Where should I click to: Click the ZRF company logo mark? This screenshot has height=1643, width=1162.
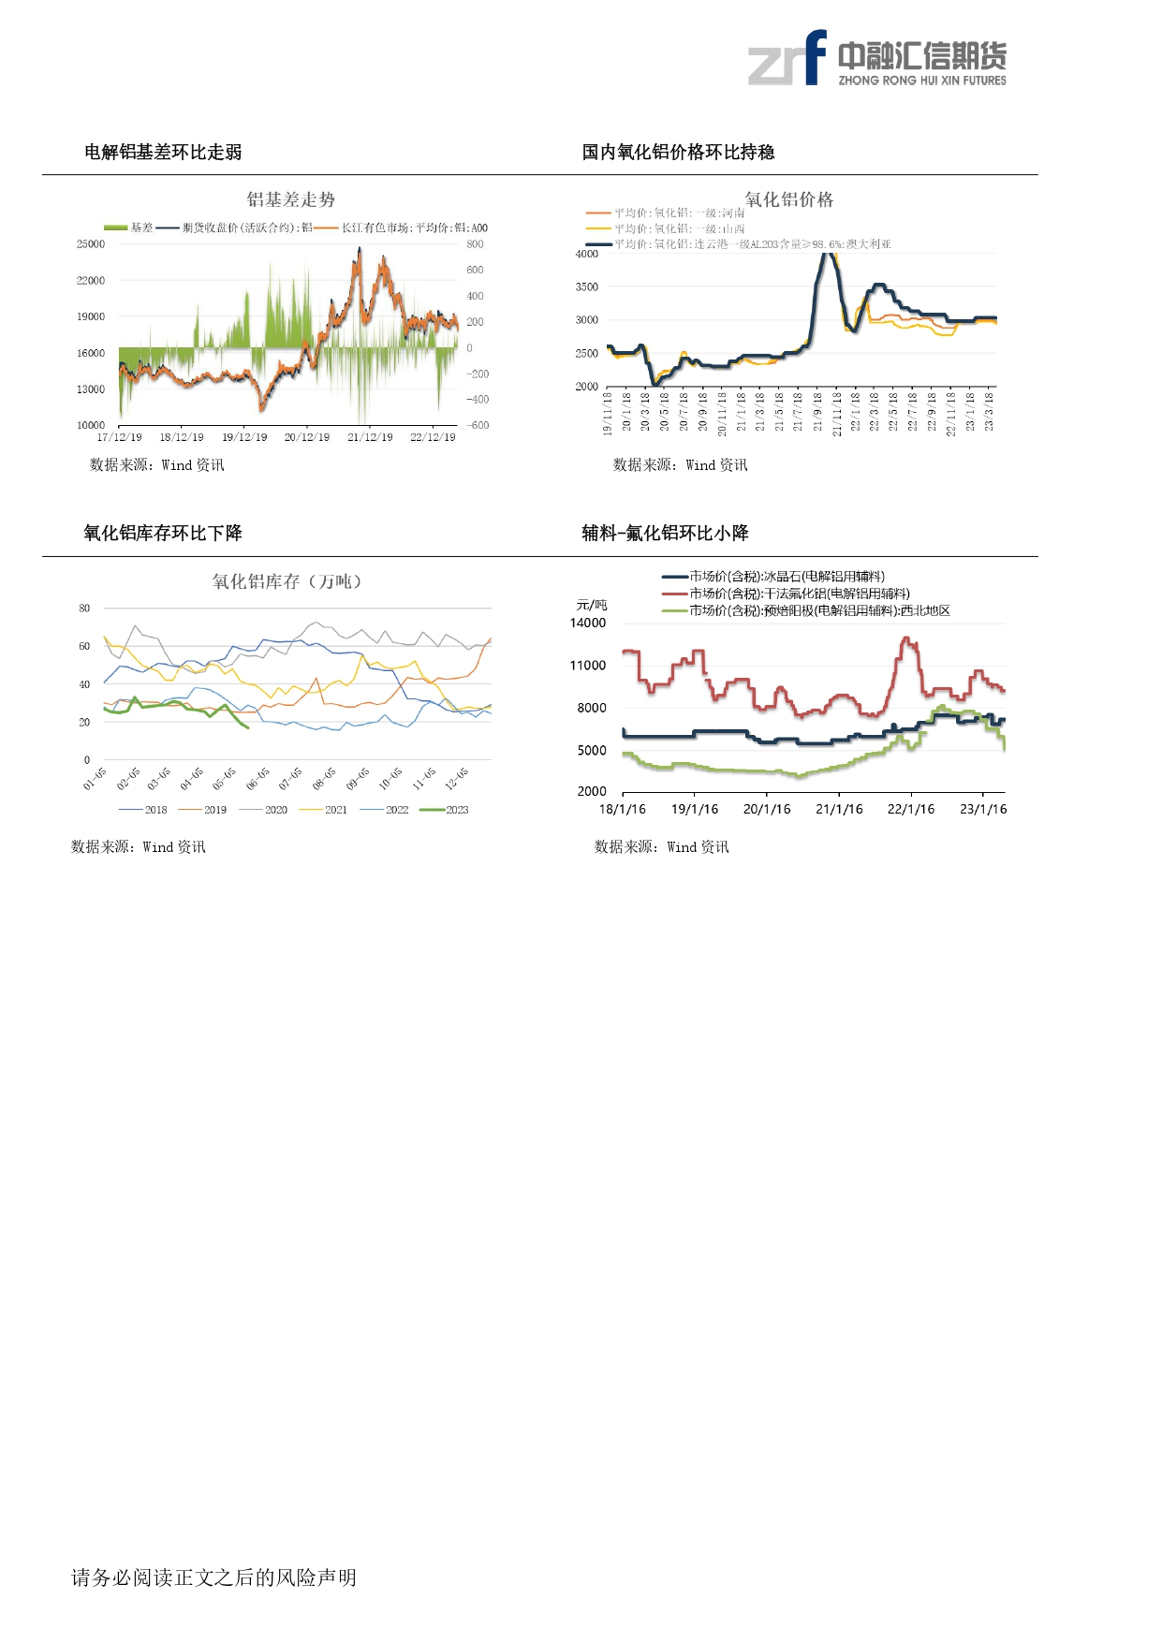click(x=787, y=59)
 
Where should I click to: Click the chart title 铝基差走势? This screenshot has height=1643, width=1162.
click(x=290, y=199)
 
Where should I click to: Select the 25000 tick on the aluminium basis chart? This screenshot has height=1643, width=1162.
click(x=91, y=244)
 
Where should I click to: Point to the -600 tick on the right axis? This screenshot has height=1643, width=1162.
click(x=478, y=425)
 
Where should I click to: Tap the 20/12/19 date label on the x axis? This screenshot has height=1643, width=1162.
click(x=307, y=437)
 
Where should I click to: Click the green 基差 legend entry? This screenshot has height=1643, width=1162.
click(x=129, y=227)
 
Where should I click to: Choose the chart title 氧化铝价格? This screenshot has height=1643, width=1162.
click(x=788, y=199)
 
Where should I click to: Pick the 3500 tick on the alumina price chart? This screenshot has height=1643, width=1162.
click(x=587, y=287)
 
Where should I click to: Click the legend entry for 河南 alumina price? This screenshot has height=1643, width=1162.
click(x=665, y=213)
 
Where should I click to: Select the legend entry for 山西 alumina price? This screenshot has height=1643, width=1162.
click(x=665, y=228)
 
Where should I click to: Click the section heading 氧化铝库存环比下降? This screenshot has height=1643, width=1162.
click(x=163, y=533)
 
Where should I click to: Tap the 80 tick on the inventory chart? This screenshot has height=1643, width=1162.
click(x=85, y=609)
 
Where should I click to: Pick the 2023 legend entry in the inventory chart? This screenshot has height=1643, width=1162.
click(x=446, y=810)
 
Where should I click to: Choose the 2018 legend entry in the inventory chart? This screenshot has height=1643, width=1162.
click(x=144, y=810)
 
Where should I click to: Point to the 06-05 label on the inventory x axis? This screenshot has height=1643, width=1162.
click(x=257, y=778)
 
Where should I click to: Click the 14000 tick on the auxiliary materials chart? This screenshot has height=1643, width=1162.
click(x=588, y=623)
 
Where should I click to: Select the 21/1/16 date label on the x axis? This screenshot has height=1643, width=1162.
click(x=839, y=809)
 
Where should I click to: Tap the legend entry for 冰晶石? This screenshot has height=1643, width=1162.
click(x=774, y=577)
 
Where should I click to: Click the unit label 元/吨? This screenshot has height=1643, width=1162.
click(x=591, y=605)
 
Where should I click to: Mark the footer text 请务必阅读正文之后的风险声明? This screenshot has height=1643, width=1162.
click(x=213, y=1577)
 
